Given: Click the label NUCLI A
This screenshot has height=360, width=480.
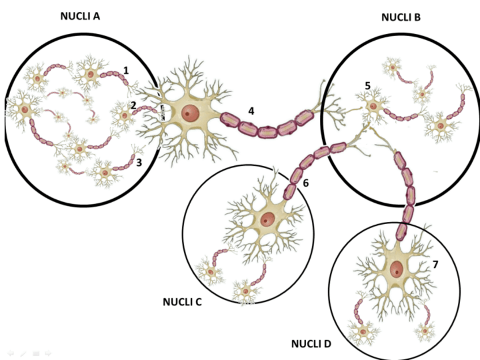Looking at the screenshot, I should click(80, 16).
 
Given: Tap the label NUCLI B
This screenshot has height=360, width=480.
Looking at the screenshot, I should click(401, 18).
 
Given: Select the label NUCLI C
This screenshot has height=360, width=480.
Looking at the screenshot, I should click(182, 302).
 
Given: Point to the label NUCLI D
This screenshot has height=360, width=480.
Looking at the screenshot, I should click(311, 344).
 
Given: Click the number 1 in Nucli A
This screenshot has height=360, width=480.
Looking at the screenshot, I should click(126, 70).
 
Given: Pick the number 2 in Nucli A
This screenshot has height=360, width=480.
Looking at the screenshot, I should click(133, 105).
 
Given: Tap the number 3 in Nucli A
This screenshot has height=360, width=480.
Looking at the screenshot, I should click(139, 162).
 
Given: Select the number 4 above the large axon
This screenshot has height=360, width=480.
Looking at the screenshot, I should click(251, 110).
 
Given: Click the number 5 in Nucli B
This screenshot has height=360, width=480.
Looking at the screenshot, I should click(367, 86).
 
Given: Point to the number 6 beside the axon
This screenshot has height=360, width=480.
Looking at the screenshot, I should click(306, 183).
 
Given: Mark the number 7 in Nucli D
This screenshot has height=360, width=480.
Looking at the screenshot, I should click(435, 264).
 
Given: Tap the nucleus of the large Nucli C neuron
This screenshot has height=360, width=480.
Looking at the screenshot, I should click(267, 219).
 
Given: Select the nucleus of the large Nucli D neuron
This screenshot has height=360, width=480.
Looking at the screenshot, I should click(398, 269).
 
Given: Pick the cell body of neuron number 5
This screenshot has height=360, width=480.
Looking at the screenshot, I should click(373, 106).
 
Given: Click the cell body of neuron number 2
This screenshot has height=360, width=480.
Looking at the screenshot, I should click(124, 115).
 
